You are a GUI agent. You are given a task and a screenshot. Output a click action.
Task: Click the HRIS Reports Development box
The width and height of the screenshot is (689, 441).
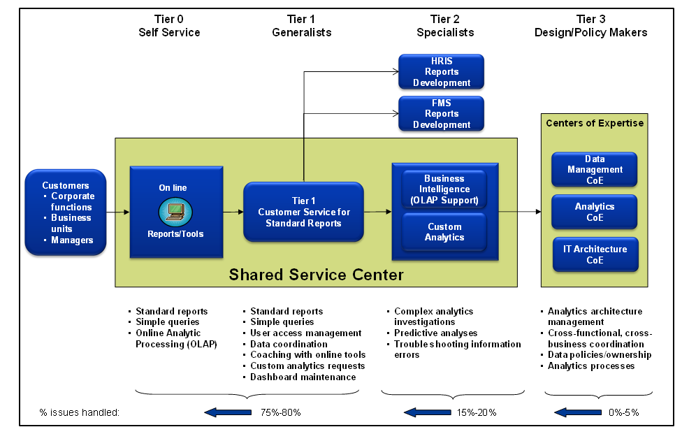pyautogui.click(x=441, y=71)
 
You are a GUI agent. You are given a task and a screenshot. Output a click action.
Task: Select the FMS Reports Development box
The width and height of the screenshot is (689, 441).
pyautogui.click(x=441, y=113)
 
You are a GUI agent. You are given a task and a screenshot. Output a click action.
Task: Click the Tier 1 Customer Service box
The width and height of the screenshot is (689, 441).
pyautogui.click(x=303, y=212)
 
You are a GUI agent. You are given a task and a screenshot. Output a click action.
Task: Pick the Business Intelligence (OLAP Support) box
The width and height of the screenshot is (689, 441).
pyautogui.click(x=444, y=189)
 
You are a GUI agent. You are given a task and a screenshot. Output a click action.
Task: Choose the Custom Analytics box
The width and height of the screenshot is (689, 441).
pyautogui.click(x=444, y=231)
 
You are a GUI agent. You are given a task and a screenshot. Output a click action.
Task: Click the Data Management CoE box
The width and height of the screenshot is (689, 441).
pyautogui.click(x=595, y=169)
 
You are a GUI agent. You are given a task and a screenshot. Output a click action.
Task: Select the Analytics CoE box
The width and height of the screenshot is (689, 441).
pyautogui.click(x=595, y=212)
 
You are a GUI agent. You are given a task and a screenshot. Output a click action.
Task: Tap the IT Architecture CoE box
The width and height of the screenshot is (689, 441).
pyautogui.click(x=595, y=254)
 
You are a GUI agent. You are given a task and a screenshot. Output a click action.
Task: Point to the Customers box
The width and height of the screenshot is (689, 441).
pyautogui.click(x=66, y=212)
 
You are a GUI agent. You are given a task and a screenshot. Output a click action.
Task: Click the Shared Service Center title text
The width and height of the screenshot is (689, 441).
pyautogui.click(x=316, y=275)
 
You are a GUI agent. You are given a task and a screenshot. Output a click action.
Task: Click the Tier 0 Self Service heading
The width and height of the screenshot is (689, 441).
pyautogui.click(x=169, y=26)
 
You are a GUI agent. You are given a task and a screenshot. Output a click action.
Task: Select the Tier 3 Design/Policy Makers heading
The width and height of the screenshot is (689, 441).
pyautogui.click(x=590, y=26)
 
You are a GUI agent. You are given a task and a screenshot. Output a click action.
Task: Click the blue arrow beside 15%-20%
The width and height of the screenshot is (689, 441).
pyautogui.click(x=426, y=412)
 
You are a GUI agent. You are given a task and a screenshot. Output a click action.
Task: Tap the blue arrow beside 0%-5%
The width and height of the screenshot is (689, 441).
pyautogui.click(x=577, y=412)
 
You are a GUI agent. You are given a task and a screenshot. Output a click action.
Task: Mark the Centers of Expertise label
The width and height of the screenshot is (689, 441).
pyautogui.click(x=595, y=123)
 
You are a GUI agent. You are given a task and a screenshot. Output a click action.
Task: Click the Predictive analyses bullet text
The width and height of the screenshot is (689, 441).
pyautogui.click(x=435, y=333)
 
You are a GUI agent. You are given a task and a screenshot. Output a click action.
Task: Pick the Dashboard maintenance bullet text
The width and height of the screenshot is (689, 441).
pyautogui.click(x=303, y=377)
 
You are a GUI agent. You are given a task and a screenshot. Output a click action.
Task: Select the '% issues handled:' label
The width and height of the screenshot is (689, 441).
pyautogui.click(x=80, y=412)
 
